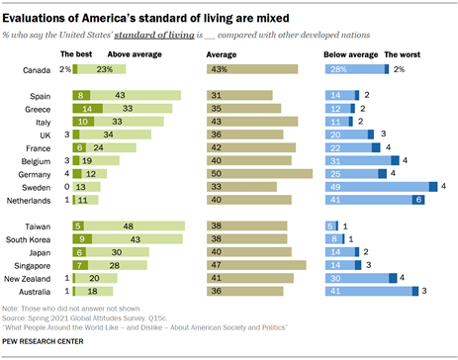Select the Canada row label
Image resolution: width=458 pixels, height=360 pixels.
(x=36, y=70)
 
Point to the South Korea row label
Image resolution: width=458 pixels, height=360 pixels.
(x=29, y=238)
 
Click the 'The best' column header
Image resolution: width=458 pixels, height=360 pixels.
(x=75, y=55)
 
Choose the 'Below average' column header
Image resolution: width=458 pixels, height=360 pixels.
(x=351, y=55)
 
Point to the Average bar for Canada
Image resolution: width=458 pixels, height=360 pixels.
(x=251, y=70)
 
